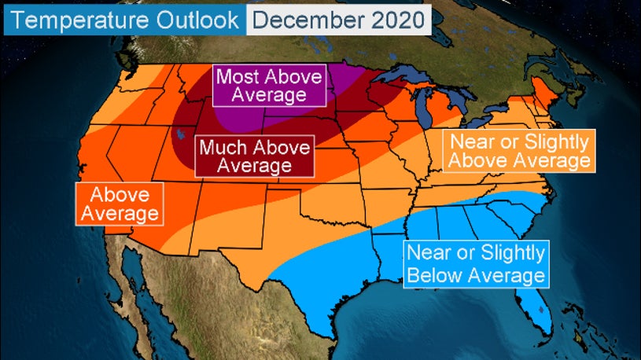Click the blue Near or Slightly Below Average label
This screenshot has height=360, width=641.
pyautogui.click(x=474, y=264)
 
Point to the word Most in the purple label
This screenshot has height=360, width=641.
pyautogui.click(x=237, y=76)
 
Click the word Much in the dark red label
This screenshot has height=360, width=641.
pyautogui.click(x=223, y=146)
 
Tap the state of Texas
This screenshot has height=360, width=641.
pyautogui.click(x=315, y=259)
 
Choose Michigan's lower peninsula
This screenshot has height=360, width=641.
pyautogui.click(x=445, y=118)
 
